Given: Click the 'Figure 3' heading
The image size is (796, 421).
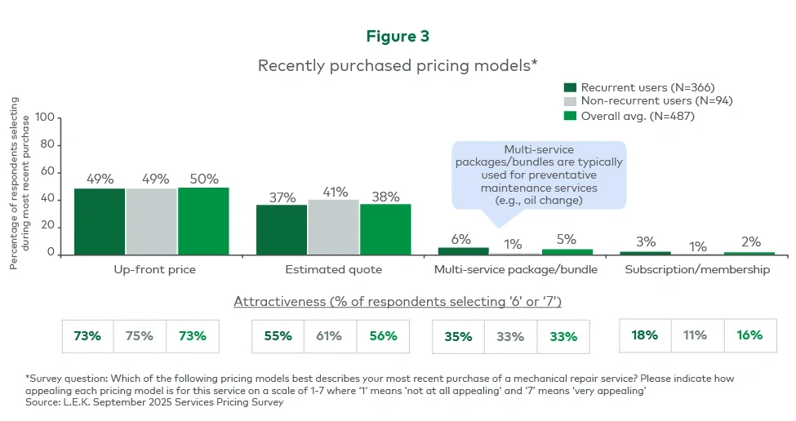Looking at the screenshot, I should pos(398,37).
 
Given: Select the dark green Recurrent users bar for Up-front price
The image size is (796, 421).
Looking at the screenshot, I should pos(100,221).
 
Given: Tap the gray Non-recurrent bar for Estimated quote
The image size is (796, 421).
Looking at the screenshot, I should pos(333,226).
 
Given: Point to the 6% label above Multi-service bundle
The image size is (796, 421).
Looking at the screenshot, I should pos(461,239).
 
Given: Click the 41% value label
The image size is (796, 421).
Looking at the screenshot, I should pos(333,192).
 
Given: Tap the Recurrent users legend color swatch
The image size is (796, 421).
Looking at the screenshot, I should pos(571,87).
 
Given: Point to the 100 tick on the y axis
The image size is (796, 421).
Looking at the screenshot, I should pos(44,118).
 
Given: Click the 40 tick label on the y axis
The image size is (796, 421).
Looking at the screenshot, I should pos(47,199).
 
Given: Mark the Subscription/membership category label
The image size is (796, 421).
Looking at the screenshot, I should pos(696,269).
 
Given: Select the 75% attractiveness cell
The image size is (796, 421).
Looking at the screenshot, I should pos(140,335).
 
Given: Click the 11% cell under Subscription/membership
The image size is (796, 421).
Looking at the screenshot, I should pos(697,335).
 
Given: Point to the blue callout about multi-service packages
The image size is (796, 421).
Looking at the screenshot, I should pos(538,175).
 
